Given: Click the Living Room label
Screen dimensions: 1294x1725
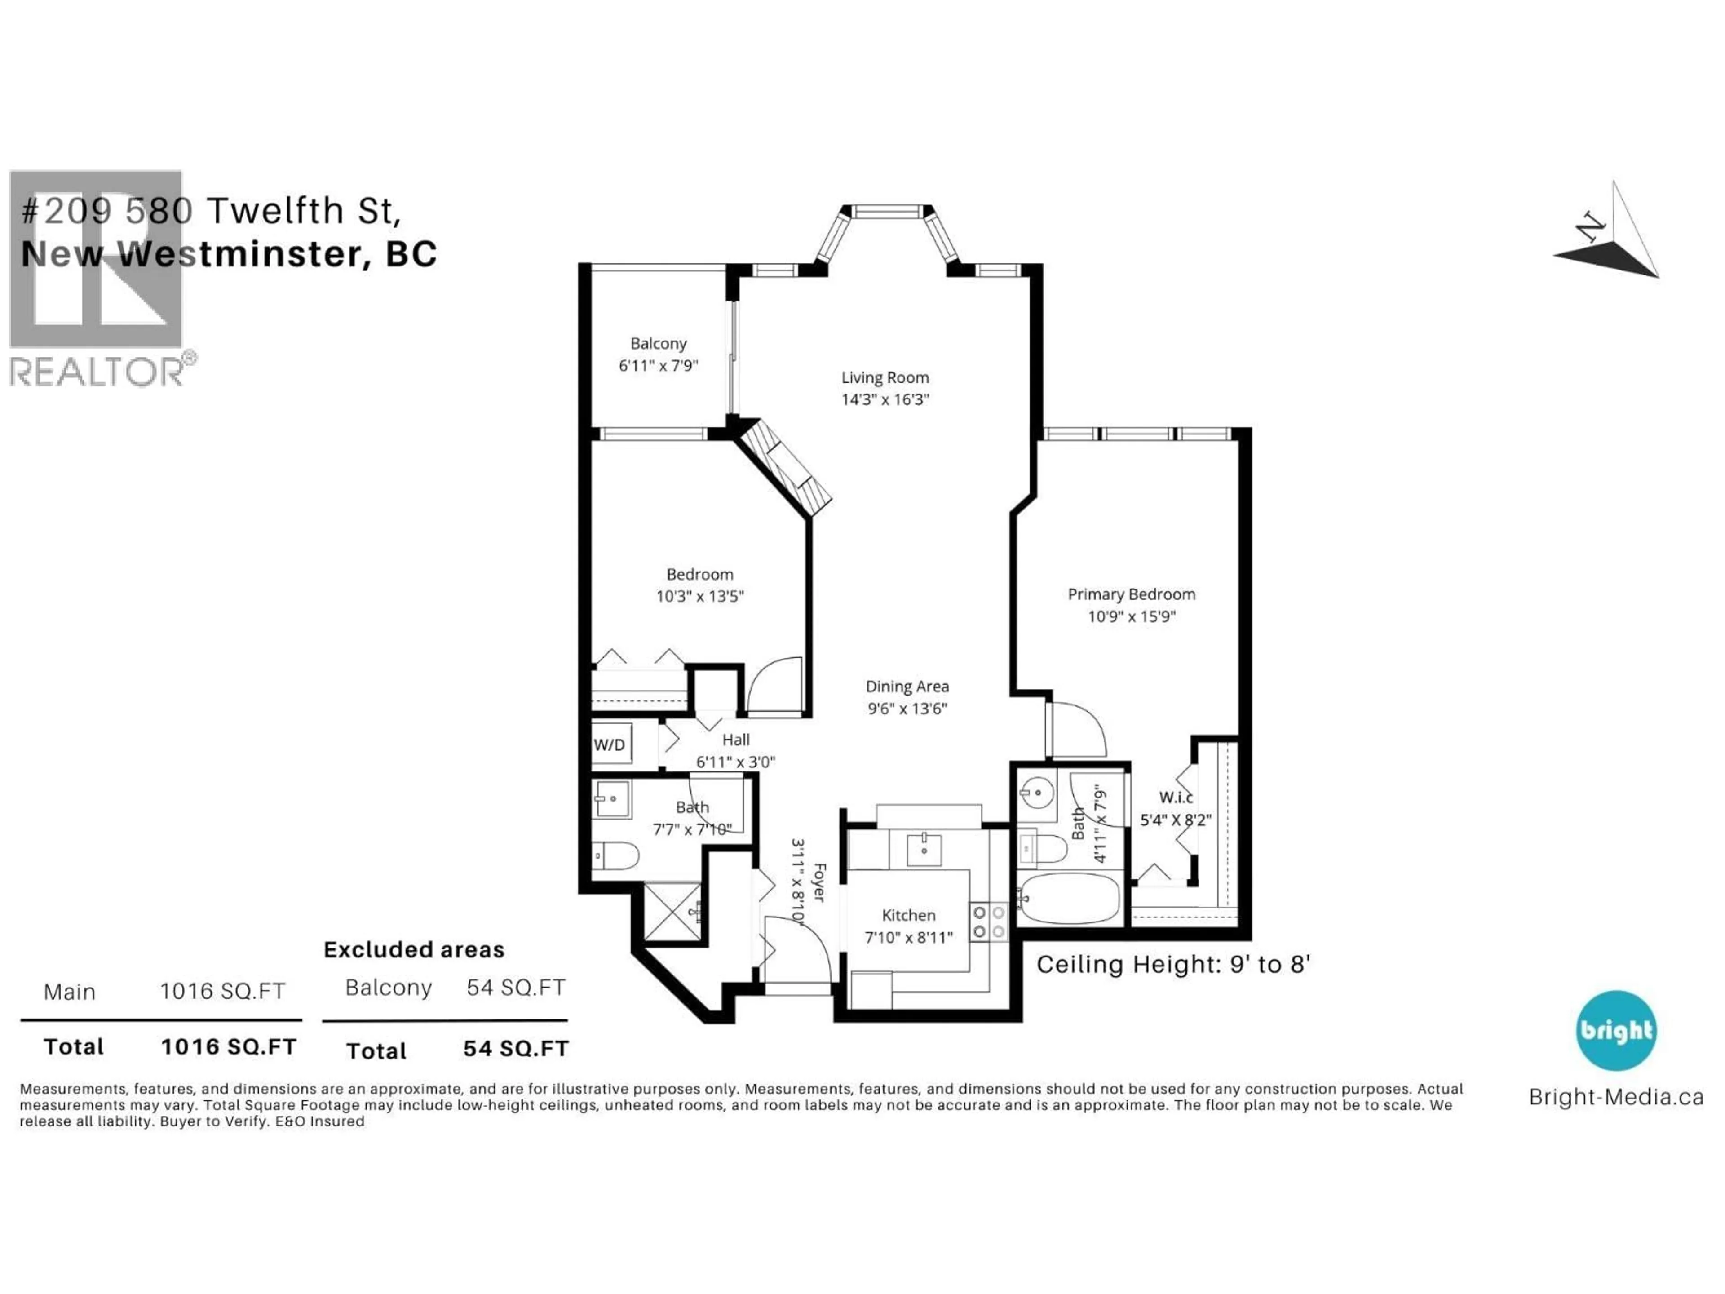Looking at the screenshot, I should pos(885,377).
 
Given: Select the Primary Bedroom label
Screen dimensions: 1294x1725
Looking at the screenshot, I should pos(1131,594).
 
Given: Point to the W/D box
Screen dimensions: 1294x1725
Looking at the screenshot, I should pos(610,745).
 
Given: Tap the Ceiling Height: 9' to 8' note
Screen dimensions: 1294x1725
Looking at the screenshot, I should pos(1172,965).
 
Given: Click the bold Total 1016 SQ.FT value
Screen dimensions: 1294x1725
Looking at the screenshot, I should pos(229,1047).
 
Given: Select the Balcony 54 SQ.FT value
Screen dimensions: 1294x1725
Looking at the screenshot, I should pos(515,988).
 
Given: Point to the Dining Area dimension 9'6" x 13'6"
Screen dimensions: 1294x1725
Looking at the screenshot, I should pos(907,708).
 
